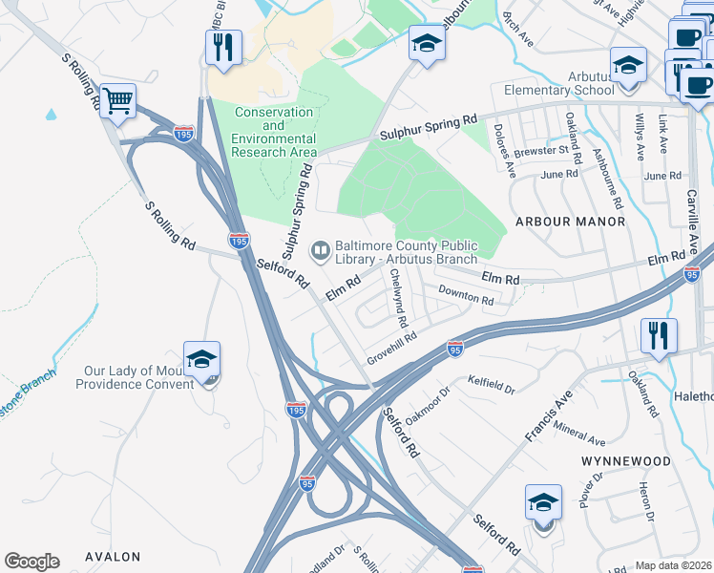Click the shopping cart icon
point(117,99)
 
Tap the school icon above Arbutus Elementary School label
point(627,65)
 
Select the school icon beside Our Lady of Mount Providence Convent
point(201,359)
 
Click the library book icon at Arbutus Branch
point(320,252)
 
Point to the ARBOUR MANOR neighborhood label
point(570,222)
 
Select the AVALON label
point(113,557)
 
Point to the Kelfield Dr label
point(491,385)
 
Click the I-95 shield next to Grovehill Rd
point(455,351)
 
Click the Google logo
point(31,562)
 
